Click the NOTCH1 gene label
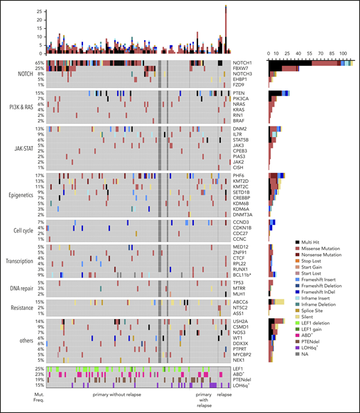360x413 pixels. (243, 63)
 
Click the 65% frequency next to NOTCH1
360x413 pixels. (40, 63)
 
